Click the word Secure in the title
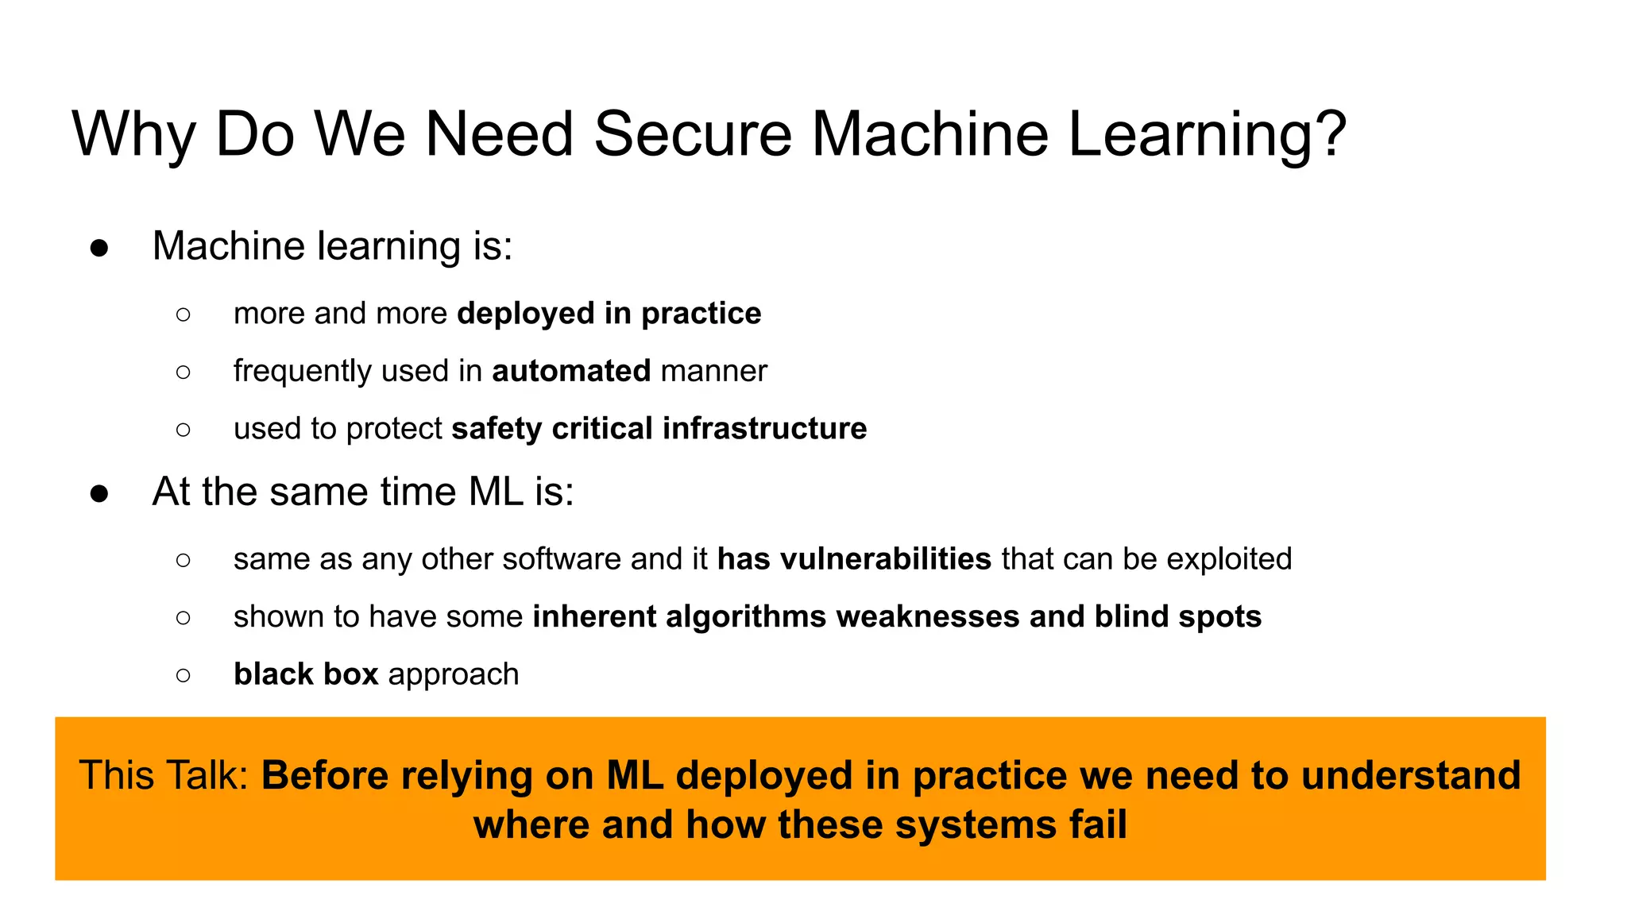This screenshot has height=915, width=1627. (x=692, y=133)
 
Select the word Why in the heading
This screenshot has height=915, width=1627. (x=133, y=135)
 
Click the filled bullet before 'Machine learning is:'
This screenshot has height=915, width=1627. (x=99, y=248)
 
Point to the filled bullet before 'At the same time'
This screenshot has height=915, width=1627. (x=99, y=493)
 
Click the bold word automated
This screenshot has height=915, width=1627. (x=571, y=371)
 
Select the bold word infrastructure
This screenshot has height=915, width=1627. (x=764, y=429)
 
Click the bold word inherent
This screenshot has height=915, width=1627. (x=594, y=617)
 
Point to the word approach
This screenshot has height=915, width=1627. (x=453, y=675)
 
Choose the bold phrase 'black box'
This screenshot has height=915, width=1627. (x=306, y=674)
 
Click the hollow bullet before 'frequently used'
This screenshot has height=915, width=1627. (x=184, y=372)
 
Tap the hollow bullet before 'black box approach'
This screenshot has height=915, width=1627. (x=184, y=675)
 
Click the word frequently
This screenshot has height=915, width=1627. (x=302, y=372)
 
